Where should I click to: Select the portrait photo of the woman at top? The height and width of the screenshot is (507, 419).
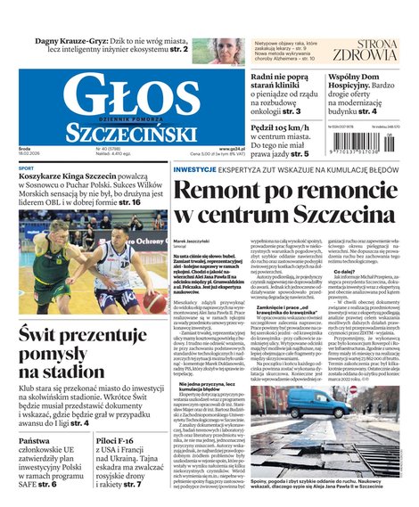pyautogui.click(x=227, y=50)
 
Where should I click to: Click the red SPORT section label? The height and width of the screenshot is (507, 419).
pyautogui.click(x=27, y=168)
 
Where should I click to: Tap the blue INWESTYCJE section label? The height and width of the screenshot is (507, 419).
pyautogui.click(x=194, y=168)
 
